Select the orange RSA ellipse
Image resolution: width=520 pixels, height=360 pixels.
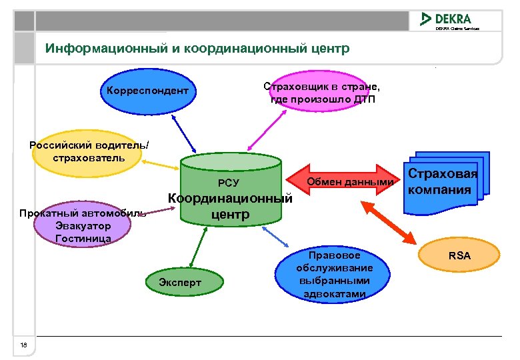pos(459,255)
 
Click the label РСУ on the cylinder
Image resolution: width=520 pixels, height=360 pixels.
pos(229,183)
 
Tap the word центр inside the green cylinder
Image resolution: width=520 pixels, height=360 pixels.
pos(230,215)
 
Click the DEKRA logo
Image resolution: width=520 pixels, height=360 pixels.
pos(446,19)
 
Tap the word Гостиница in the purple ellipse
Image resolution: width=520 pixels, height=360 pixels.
pos(83,238)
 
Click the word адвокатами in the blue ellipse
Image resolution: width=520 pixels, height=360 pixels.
pos(334,293)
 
